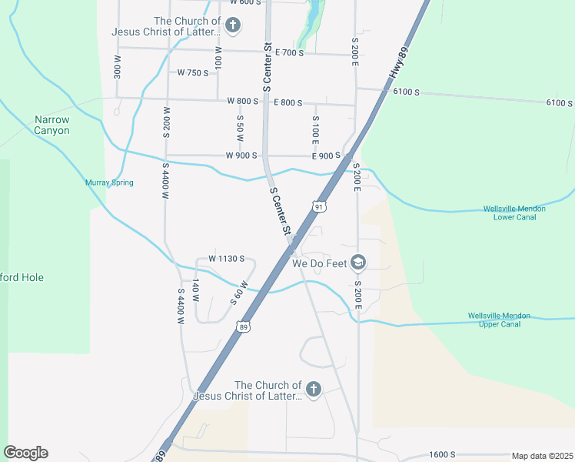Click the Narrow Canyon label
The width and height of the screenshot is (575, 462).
(52, 125)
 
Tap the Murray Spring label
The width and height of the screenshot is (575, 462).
(109, 182)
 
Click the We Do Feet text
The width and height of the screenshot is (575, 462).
(318, 263)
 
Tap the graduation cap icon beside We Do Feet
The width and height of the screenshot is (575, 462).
(357, 263)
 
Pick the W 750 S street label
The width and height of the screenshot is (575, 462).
(193, 73)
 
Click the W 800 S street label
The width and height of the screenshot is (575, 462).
(242, 102)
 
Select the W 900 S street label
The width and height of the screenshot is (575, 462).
(241, 156)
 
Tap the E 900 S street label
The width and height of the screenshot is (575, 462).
(326, 156)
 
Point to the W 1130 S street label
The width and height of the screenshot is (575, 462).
(226, 259)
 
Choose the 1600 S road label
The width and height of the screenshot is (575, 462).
(443, 454)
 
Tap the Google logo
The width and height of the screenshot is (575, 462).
(25, 453)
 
